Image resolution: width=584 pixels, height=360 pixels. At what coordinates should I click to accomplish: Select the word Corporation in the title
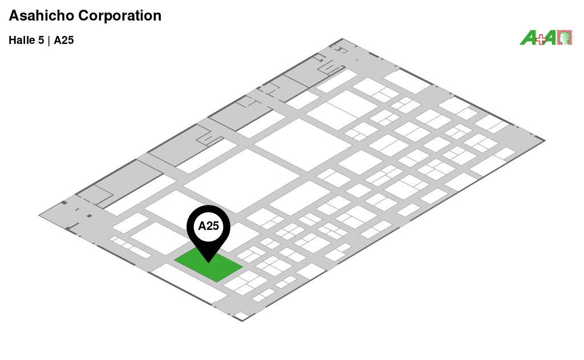click(120, 16)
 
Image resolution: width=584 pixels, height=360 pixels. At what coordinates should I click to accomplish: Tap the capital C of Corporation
click(83, 16)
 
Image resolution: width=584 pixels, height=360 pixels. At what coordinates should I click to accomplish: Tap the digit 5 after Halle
click(41, 41)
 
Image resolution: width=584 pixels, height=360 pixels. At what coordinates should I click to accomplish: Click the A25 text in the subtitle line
click(64, 41)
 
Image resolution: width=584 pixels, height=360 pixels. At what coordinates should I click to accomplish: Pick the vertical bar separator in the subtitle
click(49, 41)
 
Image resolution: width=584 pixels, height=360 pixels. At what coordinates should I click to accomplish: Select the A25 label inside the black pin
click(209, 226)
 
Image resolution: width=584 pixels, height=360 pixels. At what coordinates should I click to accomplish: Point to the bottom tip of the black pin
click(209, 262)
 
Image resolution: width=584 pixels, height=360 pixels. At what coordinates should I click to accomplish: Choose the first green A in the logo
click(528, 38)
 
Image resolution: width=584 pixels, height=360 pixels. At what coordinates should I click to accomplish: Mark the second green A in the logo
click(550, 38)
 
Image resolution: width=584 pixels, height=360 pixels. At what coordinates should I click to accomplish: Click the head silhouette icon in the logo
click(565, 38)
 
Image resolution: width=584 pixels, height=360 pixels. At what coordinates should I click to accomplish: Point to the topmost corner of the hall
click(343, 39)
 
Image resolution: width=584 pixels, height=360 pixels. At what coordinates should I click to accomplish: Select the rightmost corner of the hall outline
click(545, 140)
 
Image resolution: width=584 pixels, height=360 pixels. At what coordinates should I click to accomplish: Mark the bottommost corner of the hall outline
click(242, 321)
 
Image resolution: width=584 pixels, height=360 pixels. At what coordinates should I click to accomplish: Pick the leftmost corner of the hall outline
click(39, 215)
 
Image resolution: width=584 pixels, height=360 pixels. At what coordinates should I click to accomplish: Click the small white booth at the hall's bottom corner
click(241, 315)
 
